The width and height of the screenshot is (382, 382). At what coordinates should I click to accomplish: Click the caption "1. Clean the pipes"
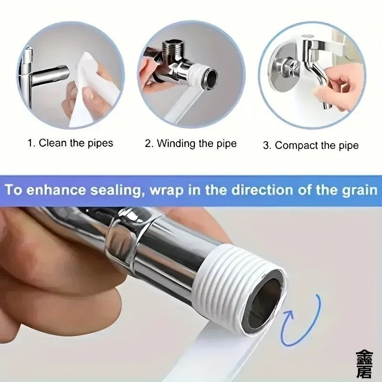click(x=70, y=142)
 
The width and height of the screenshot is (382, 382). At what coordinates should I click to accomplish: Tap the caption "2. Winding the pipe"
click(x=191, y=143)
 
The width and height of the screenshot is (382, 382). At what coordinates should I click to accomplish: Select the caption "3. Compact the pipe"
click(x=310, y=145)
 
